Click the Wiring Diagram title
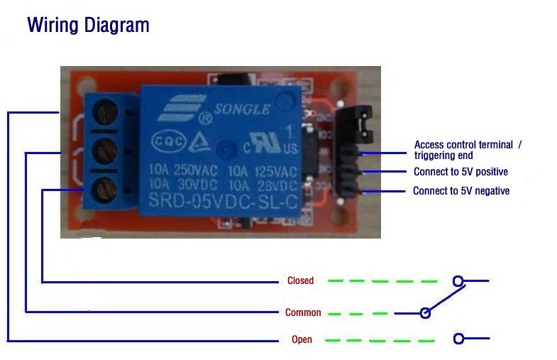88,26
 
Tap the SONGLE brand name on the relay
242,110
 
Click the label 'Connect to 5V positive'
461,172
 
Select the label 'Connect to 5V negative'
461,191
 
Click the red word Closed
300,280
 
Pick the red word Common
303,312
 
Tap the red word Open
302,339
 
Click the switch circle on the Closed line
458,281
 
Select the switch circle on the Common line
425,312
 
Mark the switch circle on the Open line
458,339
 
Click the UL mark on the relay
268,145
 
